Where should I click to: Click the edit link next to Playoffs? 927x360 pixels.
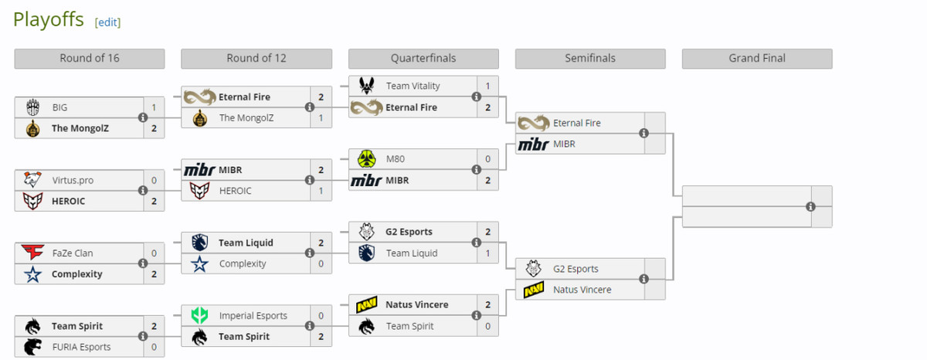[107, 22]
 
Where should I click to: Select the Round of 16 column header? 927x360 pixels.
[90, 59]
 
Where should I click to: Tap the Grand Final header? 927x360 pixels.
[756, 59]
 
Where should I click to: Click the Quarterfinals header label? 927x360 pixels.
[423, 59]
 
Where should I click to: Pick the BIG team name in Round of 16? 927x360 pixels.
[59, 107]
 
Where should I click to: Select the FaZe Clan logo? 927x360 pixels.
[32, 253]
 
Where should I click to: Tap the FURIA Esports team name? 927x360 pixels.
[81, 347]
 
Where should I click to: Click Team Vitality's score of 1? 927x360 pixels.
[487, 86]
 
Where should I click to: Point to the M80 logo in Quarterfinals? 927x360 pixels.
[366, 159]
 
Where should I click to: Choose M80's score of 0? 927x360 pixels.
[487, 159]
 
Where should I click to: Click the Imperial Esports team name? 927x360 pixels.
[253, 315]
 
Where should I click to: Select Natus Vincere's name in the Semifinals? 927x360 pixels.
[582, 290]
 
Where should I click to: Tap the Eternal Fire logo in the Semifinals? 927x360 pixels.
[533, 123]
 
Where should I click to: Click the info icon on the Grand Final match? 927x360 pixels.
[810, 206]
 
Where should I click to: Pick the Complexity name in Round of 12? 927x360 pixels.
[243, 263]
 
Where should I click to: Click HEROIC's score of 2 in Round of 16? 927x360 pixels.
[154, 201]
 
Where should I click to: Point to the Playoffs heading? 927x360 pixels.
[48, 20]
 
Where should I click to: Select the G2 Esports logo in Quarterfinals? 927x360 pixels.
[366, 232]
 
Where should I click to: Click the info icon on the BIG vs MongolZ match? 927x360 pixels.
[142, 117]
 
